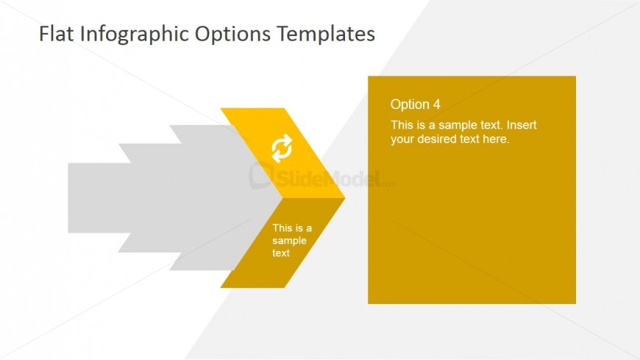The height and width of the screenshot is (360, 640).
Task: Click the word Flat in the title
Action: tap(54, 34)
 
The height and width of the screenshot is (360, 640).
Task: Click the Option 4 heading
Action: tap(415, 104)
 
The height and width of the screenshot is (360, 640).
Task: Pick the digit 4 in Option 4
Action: tap(436, 104)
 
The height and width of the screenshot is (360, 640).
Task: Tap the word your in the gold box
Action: tap(402, 138)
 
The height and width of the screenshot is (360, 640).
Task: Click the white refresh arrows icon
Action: tap(282, 149)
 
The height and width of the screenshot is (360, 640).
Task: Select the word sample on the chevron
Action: tap(289, 241)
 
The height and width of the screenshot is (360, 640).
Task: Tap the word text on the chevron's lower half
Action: tap(281, 253)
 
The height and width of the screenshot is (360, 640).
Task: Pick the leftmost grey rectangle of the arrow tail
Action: tap(92, 198)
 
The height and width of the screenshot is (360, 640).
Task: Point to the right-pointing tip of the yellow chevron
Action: tap(341, 198)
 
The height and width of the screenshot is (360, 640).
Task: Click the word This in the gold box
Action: tap(402, 124)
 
